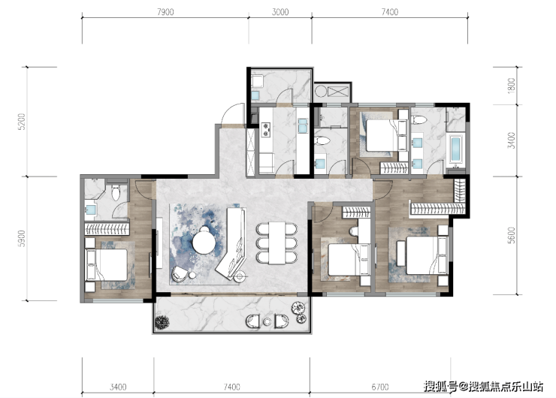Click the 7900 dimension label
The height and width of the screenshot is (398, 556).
click(x=165, y=12)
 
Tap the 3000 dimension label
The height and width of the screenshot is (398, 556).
click(x=280, y=12)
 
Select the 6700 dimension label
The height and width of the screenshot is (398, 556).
click(x=380, y=387)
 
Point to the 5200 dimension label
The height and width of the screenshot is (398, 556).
click(x=22, y=122)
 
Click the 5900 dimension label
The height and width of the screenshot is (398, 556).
click(x=22, y=239)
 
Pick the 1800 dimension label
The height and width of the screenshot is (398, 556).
click(x=512, y=86)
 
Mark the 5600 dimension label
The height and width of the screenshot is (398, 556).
click(x=512, y=235)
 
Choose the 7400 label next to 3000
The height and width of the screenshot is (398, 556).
click(x=390, y=12)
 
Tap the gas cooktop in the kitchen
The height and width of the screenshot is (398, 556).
click(x=265, y=130)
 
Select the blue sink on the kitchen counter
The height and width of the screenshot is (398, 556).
click(x=304, y=126)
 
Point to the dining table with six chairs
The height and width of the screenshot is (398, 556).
click(x=277, y=243)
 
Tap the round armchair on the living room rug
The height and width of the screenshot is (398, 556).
click(x=180, y=274)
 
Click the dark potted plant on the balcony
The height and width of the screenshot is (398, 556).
click(x=162, y=322)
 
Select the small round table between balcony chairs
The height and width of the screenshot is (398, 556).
click(x=267, y=322)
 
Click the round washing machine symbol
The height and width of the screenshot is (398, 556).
click(x=321, y=92)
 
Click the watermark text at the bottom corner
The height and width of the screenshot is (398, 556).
click(x=484, y=386)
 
